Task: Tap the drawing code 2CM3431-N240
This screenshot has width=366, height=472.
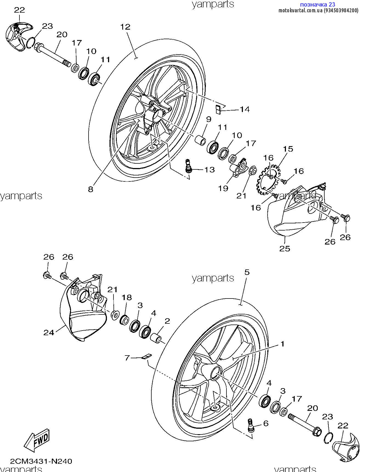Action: (41, 461)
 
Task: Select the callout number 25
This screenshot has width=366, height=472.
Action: (285, 249)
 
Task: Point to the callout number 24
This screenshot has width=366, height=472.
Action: (49, 332)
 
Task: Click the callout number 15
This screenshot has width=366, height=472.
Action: (288, 149)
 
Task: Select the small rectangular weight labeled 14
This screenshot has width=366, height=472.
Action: (218, 109)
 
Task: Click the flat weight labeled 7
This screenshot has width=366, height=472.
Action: (147, 356)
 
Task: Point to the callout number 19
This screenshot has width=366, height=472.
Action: (223, 188)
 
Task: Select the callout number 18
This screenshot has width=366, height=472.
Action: (126, 297)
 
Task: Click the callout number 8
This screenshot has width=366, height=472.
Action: (91, 189)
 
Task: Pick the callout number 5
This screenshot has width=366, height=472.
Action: (247, 272)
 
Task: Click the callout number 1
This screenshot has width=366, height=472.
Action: (282, 344)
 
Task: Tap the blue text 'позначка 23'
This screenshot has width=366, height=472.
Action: (318, 4)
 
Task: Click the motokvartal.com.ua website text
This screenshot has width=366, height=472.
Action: (300, 11)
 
